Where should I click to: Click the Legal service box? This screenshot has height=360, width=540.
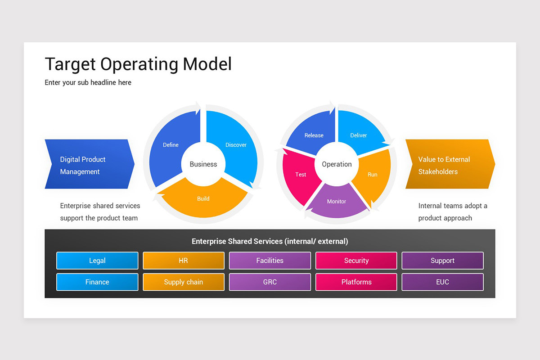pos(97,261)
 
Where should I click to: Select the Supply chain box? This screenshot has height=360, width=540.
pos(183,282)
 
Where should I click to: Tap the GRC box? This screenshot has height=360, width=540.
pos(270,282)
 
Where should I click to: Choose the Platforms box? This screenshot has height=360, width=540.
pos(356,282)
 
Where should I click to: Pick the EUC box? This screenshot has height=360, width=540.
pos(442,282)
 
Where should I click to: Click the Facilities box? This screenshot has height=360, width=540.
pos(270,261)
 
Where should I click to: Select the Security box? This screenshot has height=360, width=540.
pos(356,261)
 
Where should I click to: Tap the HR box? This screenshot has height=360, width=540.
pos(183,261)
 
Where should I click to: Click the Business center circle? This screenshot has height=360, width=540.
pos(203,164)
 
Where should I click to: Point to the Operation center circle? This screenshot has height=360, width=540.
pos(337,164)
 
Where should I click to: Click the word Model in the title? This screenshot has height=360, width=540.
pos(207,64)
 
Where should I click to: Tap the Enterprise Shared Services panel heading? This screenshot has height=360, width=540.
pos(270,241)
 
